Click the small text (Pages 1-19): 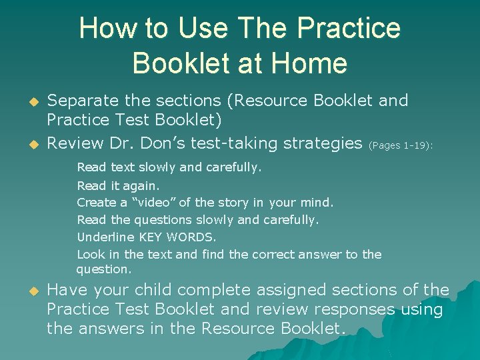coord(401,145)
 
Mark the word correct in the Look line coord(273,254)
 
